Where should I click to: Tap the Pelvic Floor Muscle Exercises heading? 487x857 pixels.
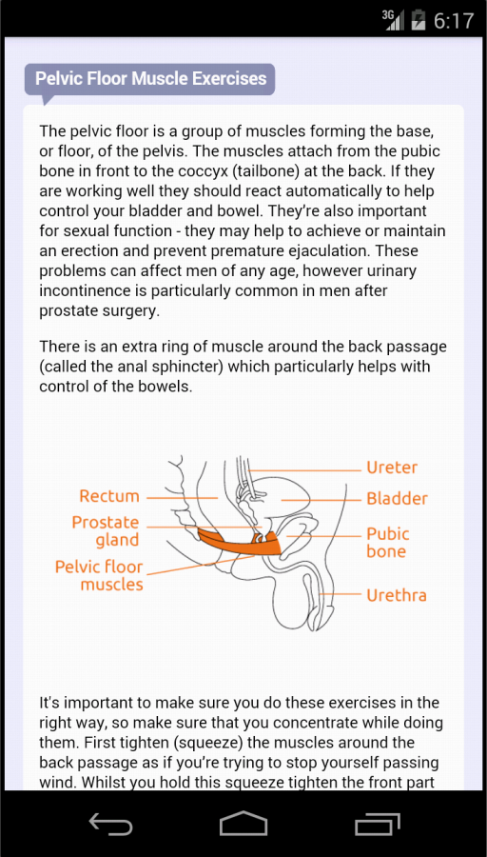click(150, 78)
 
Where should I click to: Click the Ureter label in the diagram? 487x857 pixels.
click(392, 468)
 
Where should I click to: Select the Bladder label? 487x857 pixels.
click(397, 499)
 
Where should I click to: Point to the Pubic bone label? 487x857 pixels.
click(388, 542)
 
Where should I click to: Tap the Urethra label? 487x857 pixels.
click(396, 595)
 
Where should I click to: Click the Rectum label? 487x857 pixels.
click(109, 496)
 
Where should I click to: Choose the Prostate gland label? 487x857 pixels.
click(106, 531)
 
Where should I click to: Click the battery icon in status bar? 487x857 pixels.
click(418, 20)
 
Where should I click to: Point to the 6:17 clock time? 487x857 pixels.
click(454, 21)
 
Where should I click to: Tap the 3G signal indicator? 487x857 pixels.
click(393, 20)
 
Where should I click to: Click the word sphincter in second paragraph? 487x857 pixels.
click(186, 367)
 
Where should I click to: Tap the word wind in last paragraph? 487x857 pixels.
click(58, 782)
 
